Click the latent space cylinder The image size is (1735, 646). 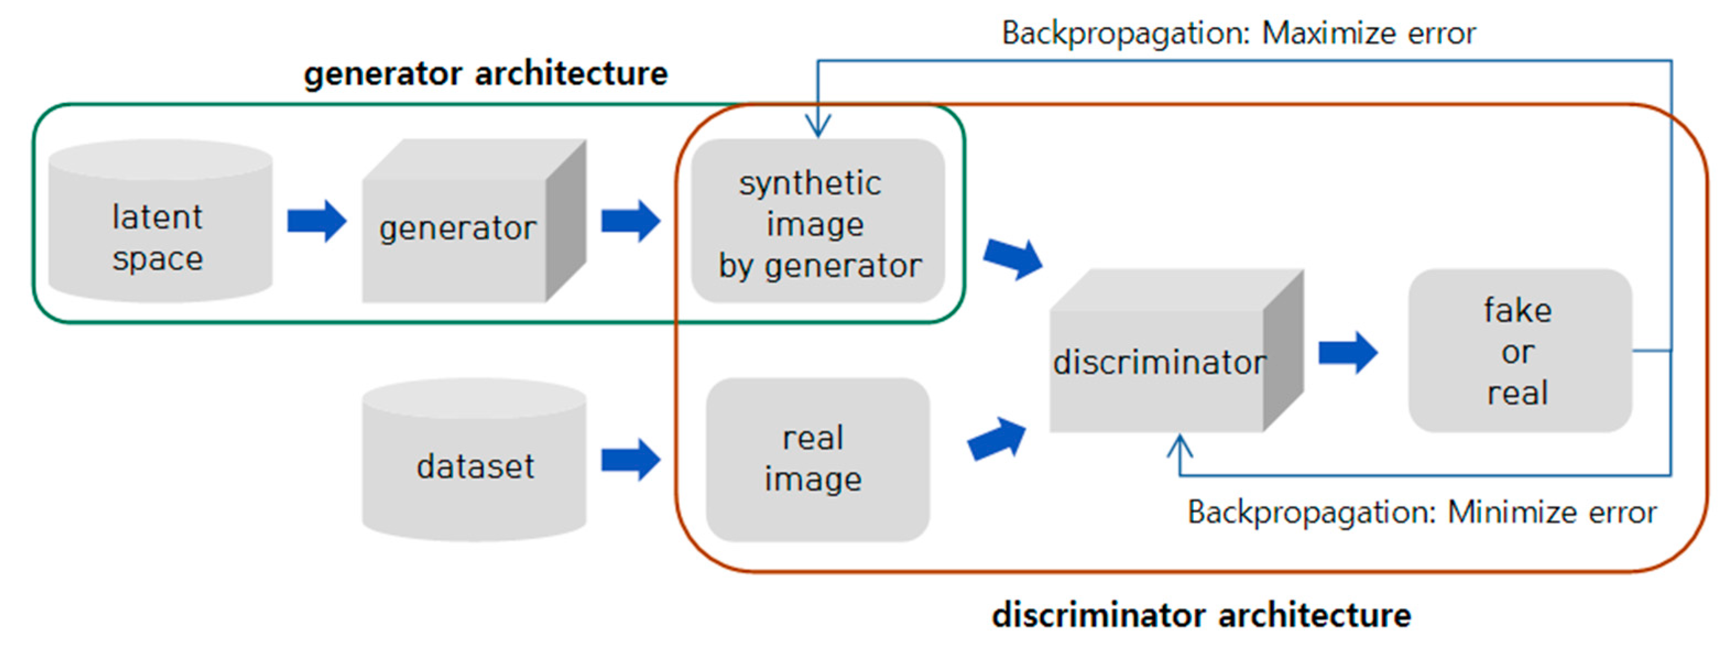point(160,222)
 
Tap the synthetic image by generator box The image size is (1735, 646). point(817,222)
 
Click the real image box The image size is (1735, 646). point(817,459)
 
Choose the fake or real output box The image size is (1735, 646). point(1519,351)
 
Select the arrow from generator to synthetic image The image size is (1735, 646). point(630,221)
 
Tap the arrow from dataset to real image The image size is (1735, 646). point(630,460)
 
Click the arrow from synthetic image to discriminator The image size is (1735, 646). point(1013,259)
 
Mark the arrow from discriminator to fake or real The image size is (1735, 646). point(1347,352)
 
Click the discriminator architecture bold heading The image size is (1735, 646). point(1201,615)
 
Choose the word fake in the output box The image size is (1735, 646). point(1518,310)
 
